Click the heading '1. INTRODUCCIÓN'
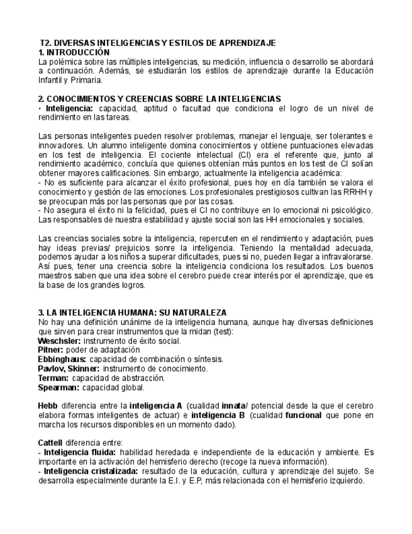74,52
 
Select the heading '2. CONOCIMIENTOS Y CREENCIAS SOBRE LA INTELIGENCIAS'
159,99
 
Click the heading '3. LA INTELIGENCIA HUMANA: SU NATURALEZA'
132,313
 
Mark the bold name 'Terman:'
53,378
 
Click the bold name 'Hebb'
48,406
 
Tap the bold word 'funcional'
303,416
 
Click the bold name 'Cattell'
50,443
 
